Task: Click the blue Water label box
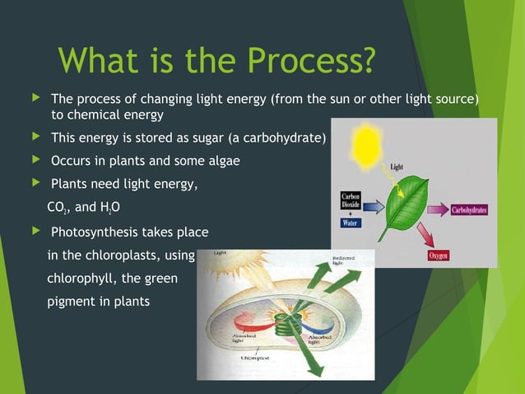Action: (x=351, y=223)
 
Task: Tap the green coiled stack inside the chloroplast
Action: (x=287, y=317)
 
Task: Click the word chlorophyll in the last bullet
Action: (x=79, y=279)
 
